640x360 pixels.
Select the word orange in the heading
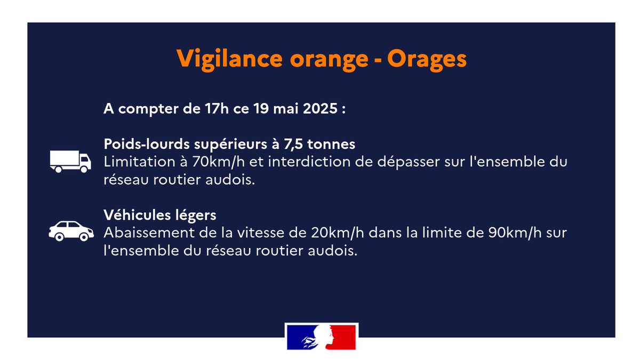pyautogui.click(x=330, y=58)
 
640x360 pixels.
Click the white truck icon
pyautogui.click(x=70, y=161)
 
